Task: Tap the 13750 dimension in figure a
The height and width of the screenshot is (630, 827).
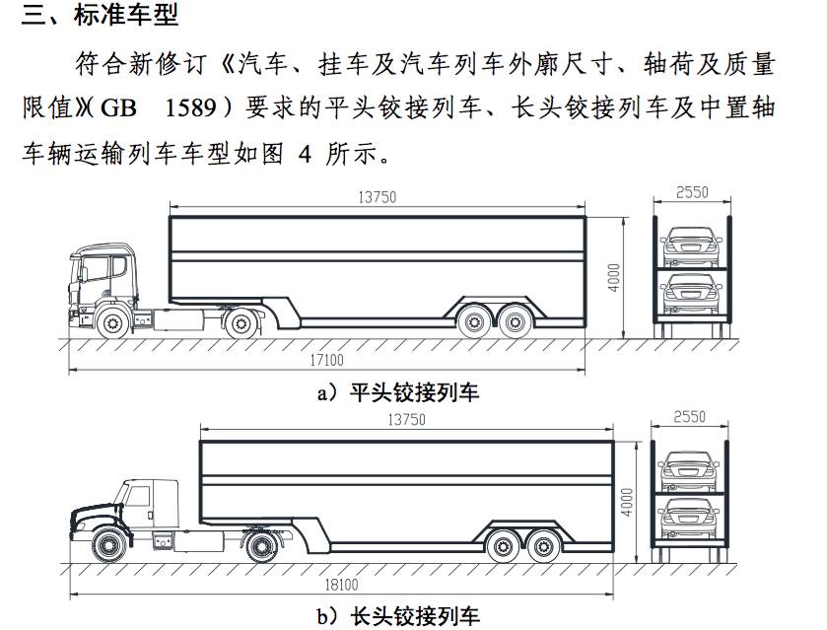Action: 377,197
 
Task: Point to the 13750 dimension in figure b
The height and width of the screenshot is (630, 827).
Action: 406,420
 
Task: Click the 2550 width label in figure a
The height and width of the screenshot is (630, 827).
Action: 693,193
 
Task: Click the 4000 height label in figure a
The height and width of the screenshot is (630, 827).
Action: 614,277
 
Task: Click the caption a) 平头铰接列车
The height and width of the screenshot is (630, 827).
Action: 397,392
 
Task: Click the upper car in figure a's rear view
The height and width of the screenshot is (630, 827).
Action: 692,246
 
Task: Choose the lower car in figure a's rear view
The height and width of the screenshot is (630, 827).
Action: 692,294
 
